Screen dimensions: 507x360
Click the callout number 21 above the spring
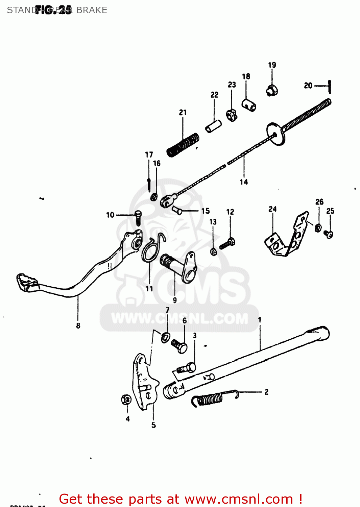click(183, 112)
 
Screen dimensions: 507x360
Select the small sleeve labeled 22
click(214, 126)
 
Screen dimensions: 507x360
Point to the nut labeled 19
click(272, 91)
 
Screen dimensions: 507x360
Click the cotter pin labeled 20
click(330, 87)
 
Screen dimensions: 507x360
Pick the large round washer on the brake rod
click(275, 134)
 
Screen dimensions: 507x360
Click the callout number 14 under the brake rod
click(244, 182)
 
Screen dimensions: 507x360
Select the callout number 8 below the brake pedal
click(78, 325)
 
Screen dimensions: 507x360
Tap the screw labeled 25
click(329, 234)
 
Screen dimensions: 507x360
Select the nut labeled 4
click(126, 400)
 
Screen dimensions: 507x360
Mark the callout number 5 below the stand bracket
click(153, 425)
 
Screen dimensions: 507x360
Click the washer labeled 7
click(165, 337)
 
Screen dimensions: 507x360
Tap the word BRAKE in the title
click(92, 10)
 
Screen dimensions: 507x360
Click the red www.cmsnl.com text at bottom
click(239, 499)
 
